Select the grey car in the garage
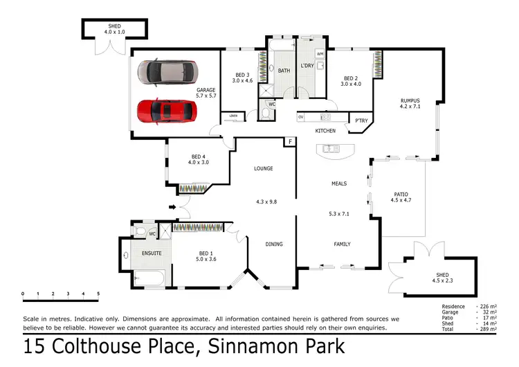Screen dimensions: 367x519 tap(167, 71)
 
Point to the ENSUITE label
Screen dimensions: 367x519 tap(152, 253)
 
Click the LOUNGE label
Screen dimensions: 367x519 tap(263, 168)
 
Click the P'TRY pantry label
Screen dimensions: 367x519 tap(361, 120)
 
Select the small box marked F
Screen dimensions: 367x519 tap(291, 142)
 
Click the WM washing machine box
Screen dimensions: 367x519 tap(320, 53)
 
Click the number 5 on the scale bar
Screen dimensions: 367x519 tap(98, 294)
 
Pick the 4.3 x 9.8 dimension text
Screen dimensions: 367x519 tap(266, 202)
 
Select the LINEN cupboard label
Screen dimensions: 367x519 tap(235, 116)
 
